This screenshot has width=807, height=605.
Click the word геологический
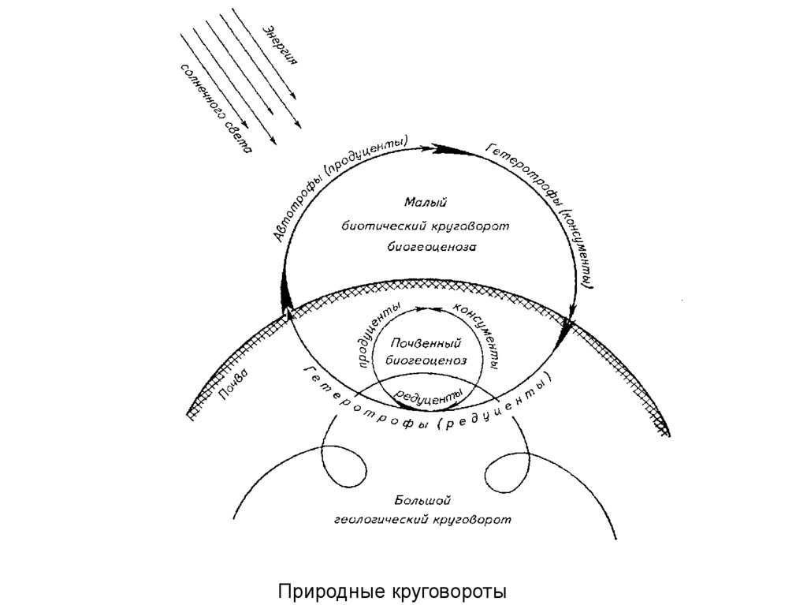(382, 520)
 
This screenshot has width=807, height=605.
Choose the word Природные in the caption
(331, 589)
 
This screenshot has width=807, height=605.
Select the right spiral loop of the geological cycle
(504, 473)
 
